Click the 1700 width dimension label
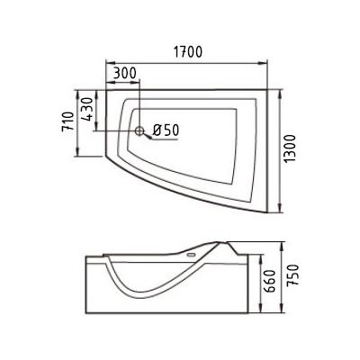click(x=188, y=52)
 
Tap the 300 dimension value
click(x=125, y=73)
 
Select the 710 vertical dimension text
click(x=67, y=121)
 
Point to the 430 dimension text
click(x=87, y=110)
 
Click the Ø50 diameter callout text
click(x=166, y=130)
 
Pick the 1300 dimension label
click(x=291, y=149)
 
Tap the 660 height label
click(x=270, y=282)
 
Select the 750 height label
click(x=293, y=275)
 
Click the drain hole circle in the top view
click(x=139, y=130)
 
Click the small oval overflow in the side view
click(x=191, y=256)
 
